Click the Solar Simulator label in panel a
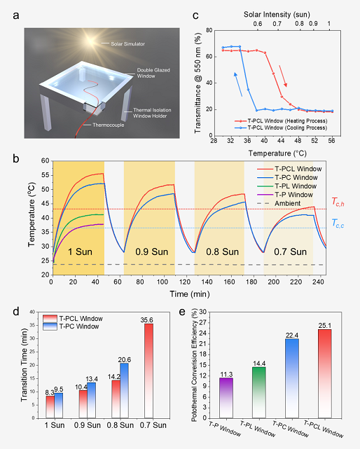coord(127,44)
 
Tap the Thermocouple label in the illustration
coord(109,125)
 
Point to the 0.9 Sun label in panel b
coord(151,251)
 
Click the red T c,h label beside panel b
coord(338,202)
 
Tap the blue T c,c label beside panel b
coord(338,223)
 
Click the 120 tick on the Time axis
coord(185,282)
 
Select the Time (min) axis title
coord(190,294)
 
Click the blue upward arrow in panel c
coord(238,84)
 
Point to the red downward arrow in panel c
coord(283,76)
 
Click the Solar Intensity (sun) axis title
coord(277,15)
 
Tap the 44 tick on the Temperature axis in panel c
coord(281,141)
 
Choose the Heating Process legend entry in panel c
coord(281,121)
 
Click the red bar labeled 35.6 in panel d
coord(149,371)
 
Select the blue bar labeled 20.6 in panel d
coord(124,391)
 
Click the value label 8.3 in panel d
coord(50,392)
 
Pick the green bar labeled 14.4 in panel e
coord(259,392)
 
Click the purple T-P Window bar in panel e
coord(226,398)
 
